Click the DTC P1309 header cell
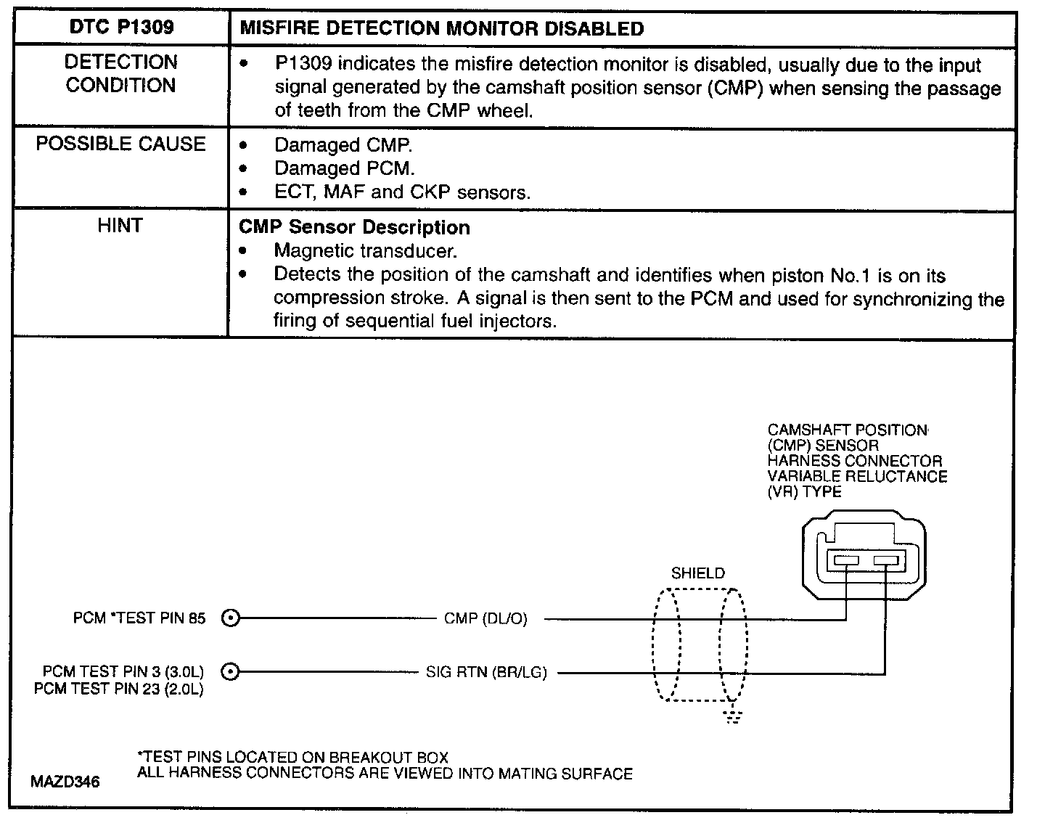[121, 28]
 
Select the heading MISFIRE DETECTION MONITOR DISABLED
[441, 29]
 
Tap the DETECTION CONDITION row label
[121, 74]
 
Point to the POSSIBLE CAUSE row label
[121, 144]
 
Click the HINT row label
[120, 226]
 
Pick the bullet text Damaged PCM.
[344, 168]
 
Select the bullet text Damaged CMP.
[343, 145]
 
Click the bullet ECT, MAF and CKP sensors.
[402, 192]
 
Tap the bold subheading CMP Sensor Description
[354, 227]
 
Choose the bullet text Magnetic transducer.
[365, 251]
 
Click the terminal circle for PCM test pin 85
[230, 618]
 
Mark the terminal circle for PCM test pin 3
[230, 672]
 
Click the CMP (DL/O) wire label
[485, 619]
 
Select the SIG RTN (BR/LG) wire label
[486, 673]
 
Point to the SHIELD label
[697, 573]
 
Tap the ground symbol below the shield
[734, 717]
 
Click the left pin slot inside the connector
[846, 560]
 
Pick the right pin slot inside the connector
[885, 560]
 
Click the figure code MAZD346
[65, 782]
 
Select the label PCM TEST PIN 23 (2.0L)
[119, 689]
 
